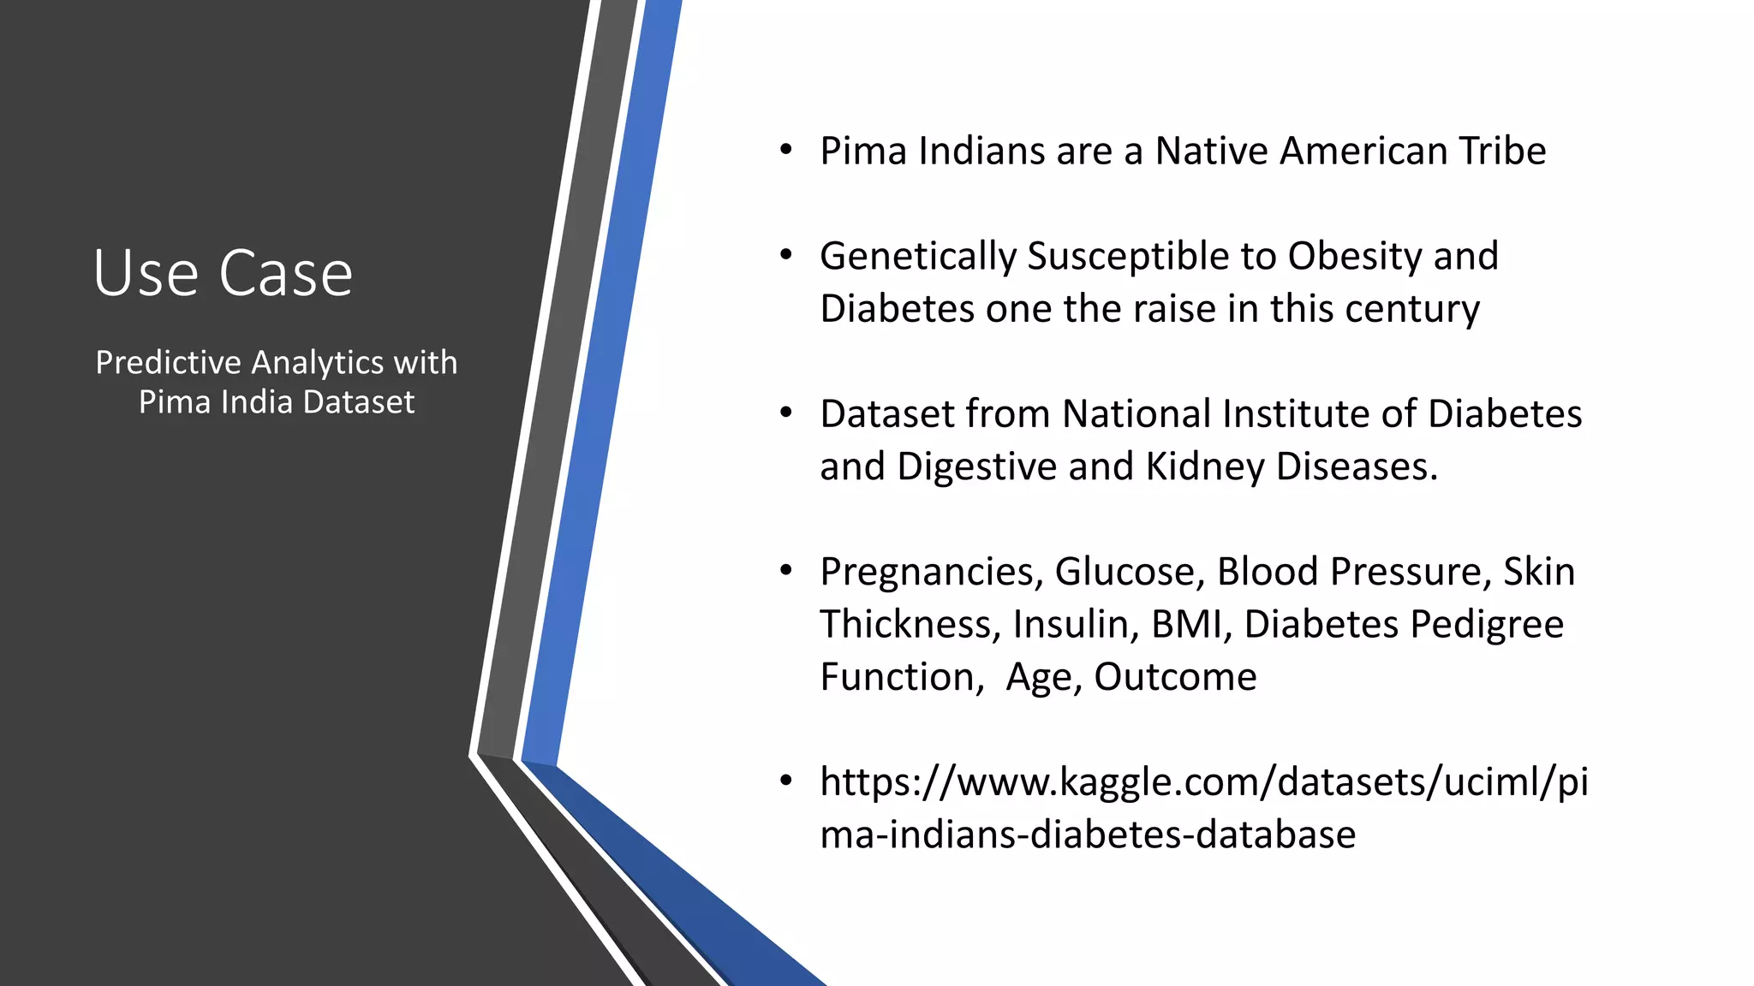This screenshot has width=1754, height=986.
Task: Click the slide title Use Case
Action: (x=223, y=273)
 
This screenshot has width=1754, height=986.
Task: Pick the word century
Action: (x=1412, y=309)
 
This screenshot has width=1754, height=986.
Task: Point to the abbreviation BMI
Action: (x=1190, y=625)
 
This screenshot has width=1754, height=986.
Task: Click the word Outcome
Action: (x=1175, y=677)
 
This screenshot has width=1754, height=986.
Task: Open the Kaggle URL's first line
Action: (x=1203, y=782)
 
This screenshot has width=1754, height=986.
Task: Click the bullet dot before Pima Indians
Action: (x=786, y=151)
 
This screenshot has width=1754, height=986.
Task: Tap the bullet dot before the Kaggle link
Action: (x=786, y=782)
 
